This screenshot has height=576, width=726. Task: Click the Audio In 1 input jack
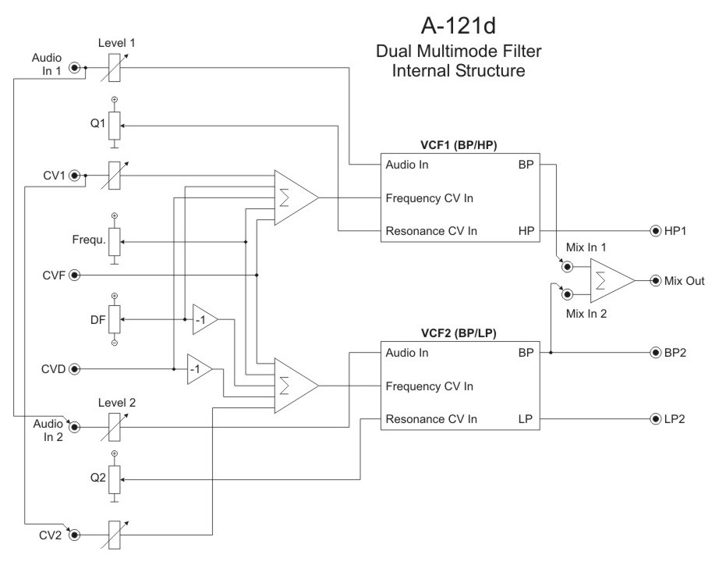(75, 68)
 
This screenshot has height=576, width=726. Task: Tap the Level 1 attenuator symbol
(115, 68)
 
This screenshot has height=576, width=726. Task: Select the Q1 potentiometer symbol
(115, 124)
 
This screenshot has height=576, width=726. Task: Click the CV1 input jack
(75, 176)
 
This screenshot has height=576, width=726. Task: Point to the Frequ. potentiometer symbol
(115, 241)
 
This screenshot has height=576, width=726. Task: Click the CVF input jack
(75, 275)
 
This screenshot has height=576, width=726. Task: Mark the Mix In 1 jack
(568, 266)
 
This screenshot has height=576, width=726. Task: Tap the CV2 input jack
(75, 535)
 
